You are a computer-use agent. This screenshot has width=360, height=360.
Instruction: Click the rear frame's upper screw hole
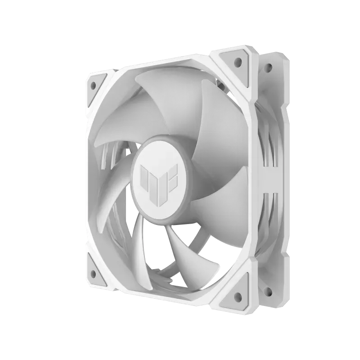pos(269,68)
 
